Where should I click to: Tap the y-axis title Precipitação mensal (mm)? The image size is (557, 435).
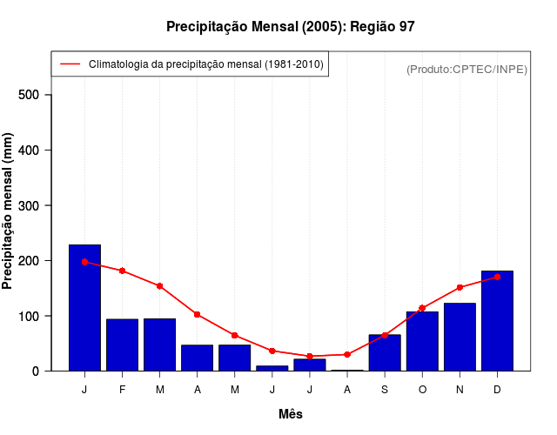click(x=9, y=211)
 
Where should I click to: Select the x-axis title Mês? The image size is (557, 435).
click(x=291, y=414)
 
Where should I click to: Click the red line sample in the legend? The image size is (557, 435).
click(x=70, y=64)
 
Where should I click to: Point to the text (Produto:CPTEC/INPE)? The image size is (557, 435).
click(x=466, y=69)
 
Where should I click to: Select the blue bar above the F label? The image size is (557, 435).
click(x=122, y=345)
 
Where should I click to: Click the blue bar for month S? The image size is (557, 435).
click(x=385, y=352)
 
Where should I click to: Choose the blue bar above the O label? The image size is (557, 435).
click(x=422, y=341)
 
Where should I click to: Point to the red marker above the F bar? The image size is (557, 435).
click(x=122, y=271)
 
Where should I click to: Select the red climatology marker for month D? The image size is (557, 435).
click(x=497, y=277)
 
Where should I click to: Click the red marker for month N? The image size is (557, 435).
click(x=460, y=287)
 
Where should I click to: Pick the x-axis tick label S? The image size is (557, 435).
click(x=385, y=390)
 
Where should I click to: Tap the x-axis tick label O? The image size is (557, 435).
click(x=422, y=390)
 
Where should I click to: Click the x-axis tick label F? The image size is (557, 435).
click(x=122, y=390)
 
